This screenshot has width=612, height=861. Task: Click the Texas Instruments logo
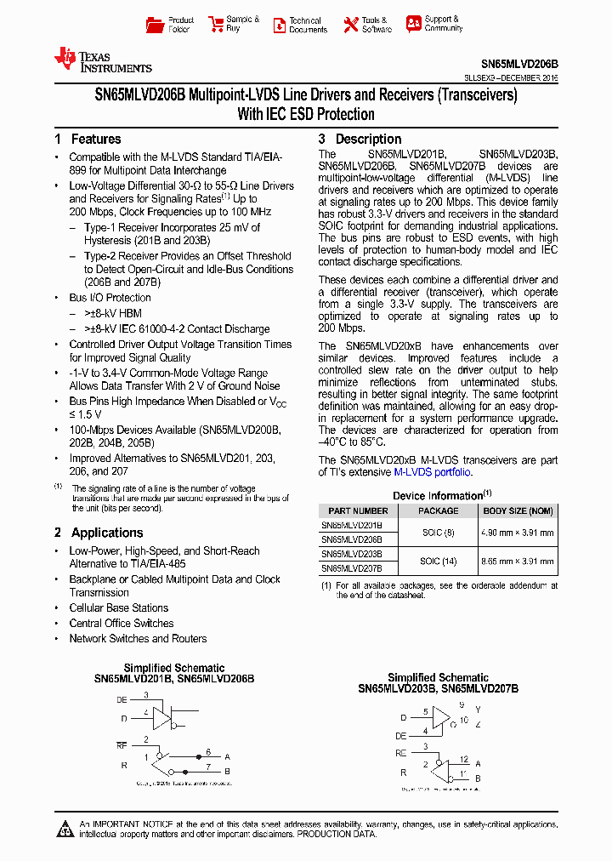tap(102, 60)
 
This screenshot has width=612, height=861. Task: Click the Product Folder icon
tap(155, 25)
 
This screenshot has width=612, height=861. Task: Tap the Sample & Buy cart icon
tap(216, 25)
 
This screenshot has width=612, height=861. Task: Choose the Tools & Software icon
tap(350, 25)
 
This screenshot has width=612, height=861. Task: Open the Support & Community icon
tap(413, 24)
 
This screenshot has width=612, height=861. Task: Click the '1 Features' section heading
tap(88, 140)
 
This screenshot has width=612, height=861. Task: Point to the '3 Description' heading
tap(360, 140)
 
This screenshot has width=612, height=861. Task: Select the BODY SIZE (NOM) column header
tap(518, 510)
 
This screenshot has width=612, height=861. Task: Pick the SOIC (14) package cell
tap(438, 561)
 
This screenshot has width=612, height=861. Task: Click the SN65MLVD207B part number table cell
tap(352, 567)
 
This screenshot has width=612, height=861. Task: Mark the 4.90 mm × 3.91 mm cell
tap(518, 533)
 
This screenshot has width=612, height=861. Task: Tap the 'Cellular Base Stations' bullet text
tap(119, 608)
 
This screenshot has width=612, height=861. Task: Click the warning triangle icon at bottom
tap(66, 829)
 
